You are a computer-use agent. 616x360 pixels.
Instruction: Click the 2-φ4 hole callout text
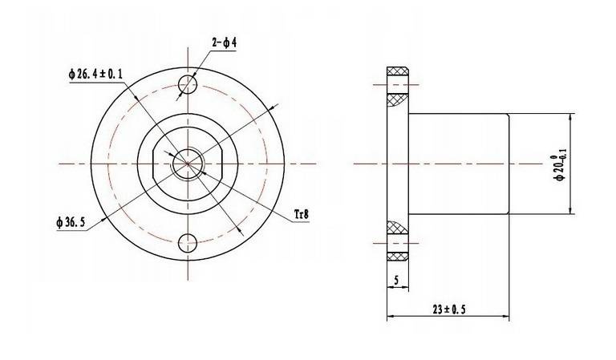tap(225, 42)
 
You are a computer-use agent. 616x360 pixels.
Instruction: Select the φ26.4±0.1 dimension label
tap(95, 74)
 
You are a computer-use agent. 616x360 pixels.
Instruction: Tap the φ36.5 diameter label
tap(71, 223)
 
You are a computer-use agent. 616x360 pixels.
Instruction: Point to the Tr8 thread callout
tap(302, 214)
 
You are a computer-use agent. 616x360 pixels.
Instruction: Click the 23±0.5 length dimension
tap(449, 309)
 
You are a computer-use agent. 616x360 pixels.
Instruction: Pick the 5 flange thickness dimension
tap(396, 281)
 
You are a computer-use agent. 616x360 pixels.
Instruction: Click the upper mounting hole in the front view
tap(188, 84)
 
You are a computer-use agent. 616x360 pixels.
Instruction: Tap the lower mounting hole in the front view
tap(188, 243)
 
